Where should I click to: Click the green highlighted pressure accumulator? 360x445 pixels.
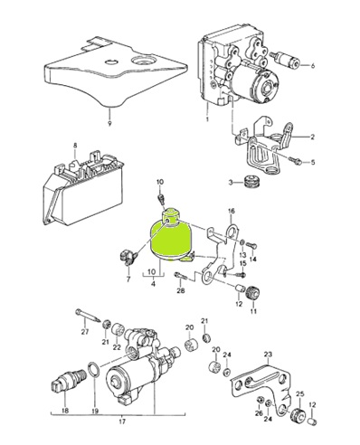[x=170, y=238]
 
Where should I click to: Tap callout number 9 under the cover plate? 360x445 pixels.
[x=109, y=124]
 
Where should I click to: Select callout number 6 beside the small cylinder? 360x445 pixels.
[x=312, y=65]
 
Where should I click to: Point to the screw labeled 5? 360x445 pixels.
[x=296, y=161]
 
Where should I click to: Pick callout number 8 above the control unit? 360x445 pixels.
[x=75, y=146]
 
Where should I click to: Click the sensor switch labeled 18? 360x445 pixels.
[x=65, y=383]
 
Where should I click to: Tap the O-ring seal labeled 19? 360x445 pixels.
[x=94, y=371]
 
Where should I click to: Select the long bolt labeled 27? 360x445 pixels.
[x=88, y=317]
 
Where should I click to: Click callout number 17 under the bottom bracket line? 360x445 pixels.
[x=122, y=421]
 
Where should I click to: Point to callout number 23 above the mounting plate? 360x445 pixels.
[x=268, y=355]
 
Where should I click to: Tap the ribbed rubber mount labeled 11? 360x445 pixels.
[x=253, y=293]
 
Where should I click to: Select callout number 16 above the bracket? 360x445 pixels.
[x=231, y=211]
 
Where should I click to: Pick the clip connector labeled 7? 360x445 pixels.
[x=128, y=259]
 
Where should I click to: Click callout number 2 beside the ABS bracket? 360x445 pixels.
[x=313, y=137]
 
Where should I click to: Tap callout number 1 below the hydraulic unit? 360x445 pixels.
[x=207, y=119]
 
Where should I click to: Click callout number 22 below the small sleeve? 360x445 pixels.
[x=117, y=347]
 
